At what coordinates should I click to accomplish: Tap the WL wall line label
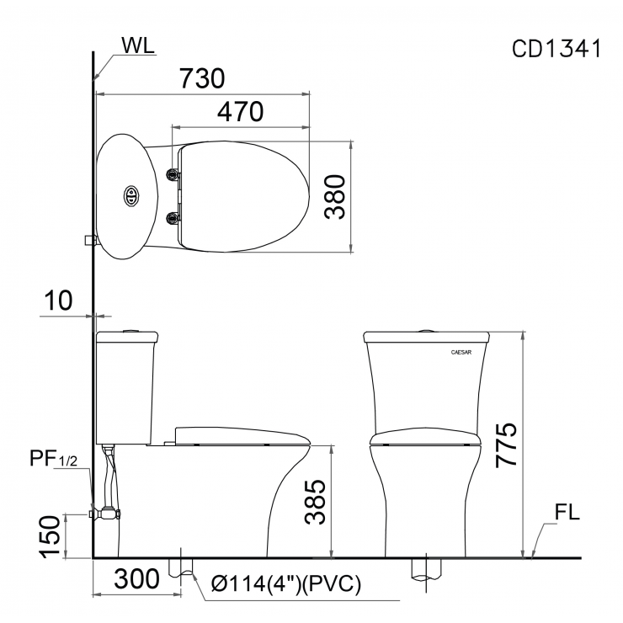pyautogui.click(x=138, y=46)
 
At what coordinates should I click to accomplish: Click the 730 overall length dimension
pyautogui.click(x=202, y=78)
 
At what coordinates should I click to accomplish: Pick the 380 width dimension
pyautogui.click(x=336, y=196)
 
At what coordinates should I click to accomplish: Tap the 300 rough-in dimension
pyautogui.click(x=136, y=579)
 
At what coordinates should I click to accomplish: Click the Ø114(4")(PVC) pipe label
pyautogui.click(x=286, y=583)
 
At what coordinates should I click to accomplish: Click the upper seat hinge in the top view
pyautogui.click(x=174, y=174)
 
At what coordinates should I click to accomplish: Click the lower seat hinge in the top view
pyautogui.click(x=174, y=219)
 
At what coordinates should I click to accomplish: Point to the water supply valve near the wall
pyautogui.click(x=109, y=512)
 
